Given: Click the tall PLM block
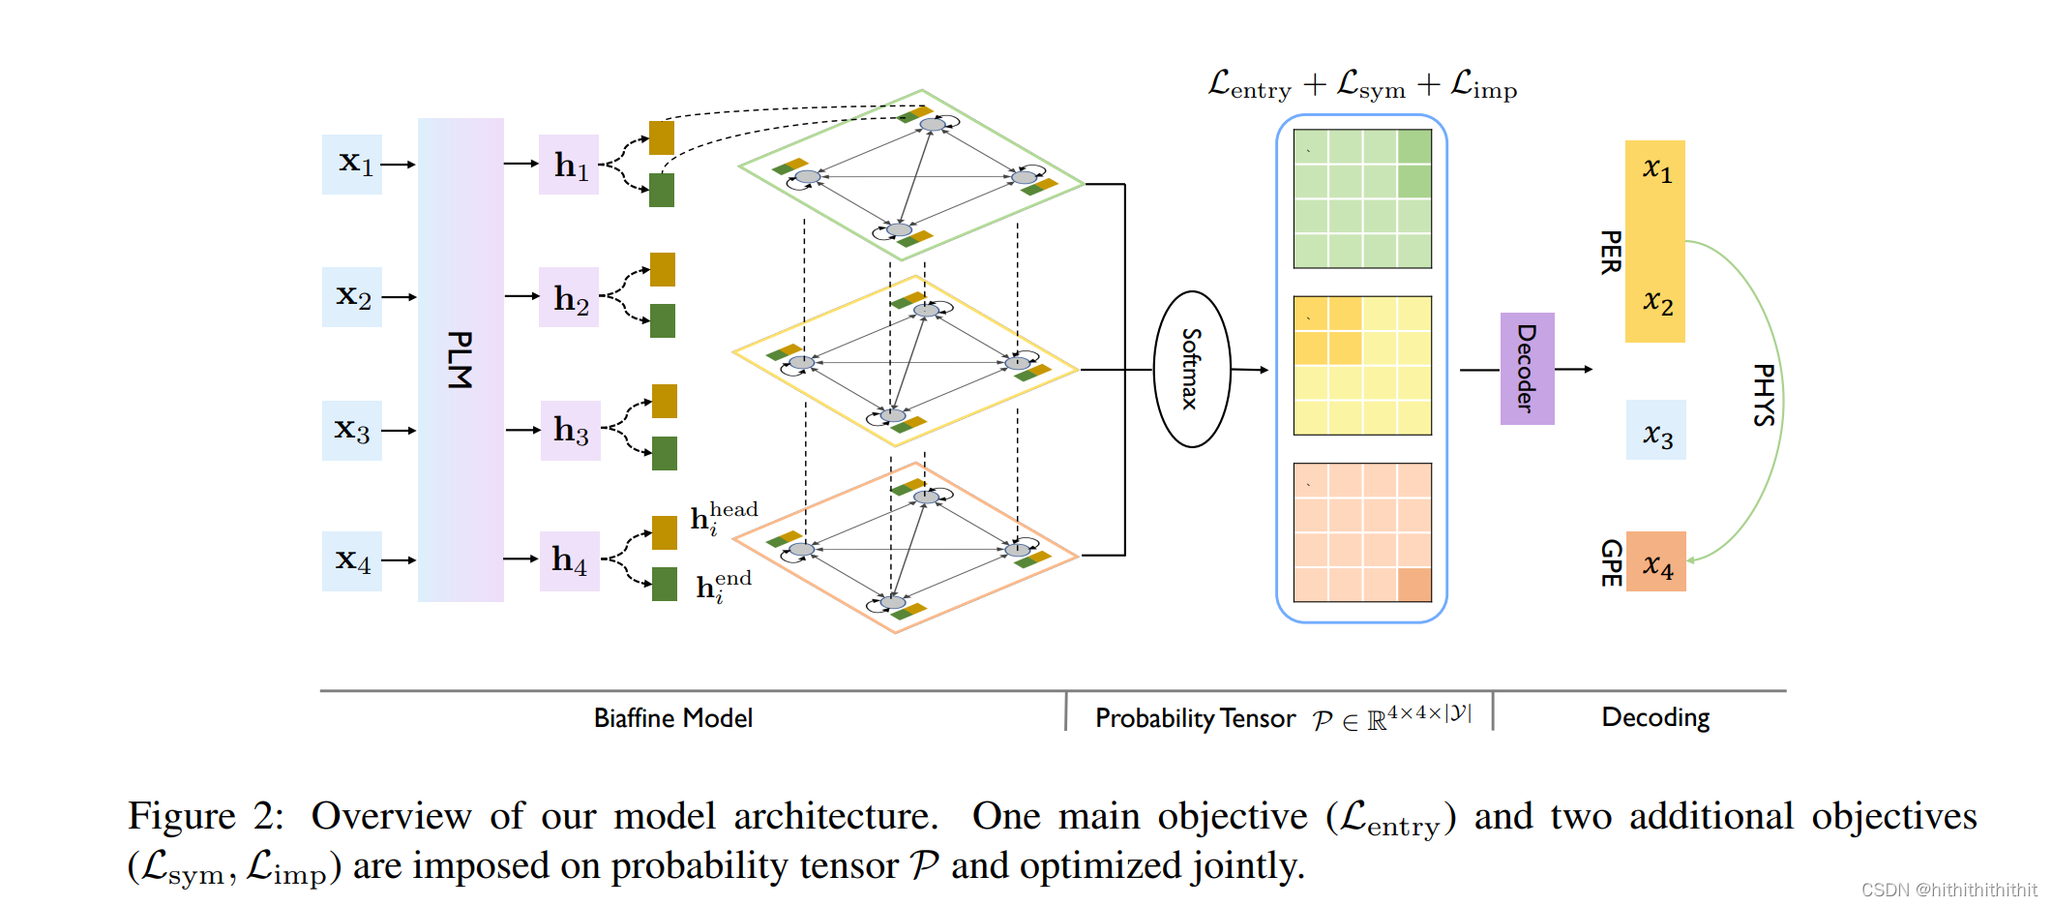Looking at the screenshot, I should click(460, 359).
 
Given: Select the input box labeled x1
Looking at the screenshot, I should click(352, 164).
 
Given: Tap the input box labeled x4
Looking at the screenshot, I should click(352, 560).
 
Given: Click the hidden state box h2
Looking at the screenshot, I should click(569, 297).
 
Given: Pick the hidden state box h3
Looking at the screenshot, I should click(570, 430).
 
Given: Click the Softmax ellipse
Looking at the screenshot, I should click(1192, 369).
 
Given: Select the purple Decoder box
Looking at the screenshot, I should click(1527, 369).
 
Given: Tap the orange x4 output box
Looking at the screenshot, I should click(1655, 561).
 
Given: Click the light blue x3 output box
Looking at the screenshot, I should click(1655, 431).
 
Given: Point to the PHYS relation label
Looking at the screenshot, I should click(1763, 394).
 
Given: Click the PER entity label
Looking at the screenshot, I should click(1610, 252).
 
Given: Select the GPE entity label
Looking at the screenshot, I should click(1610, 562).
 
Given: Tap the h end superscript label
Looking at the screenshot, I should click(723, 586).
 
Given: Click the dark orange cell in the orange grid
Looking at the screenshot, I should click(1413, 585).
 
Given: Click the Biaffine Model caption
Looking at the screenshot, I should click(672, 718).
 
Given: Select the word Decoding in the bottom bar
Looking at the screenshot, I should click(1654, 717).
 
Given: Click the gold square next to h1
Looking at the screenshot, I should click(662, 137).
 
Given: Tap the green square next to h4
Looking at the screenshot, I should click(665, 584).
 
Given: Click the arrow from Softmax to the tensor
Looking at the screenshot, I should click(1249, 369).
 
